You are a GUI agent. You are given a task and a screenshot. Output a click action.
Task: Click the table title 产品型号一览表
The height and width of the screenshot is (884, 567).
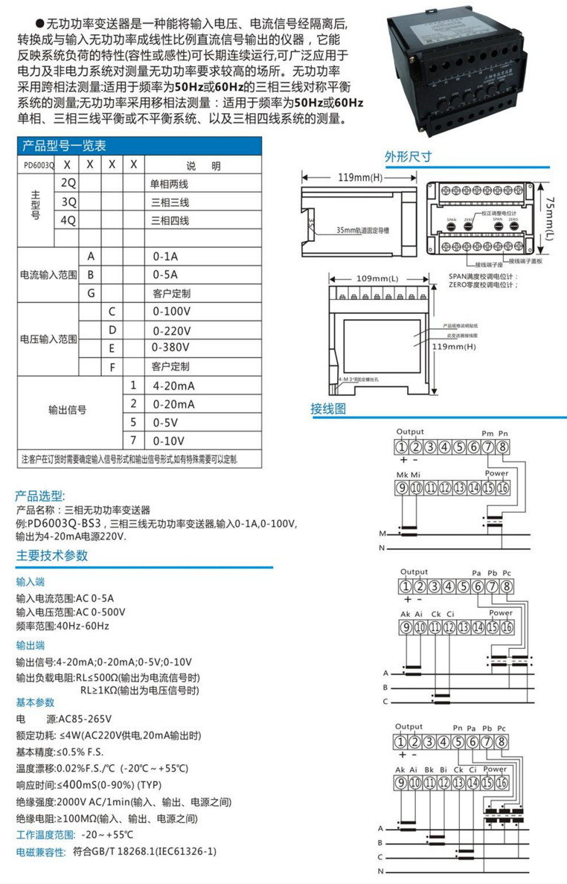click(x=64, y=146)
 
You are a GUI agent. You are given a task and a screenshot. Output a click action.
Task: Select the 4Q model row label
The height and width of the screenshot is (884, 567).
click(x=68, y=220)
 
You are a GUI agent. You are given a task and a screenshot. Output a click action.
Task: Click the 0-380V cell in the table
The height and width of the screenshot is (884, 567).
click(x=170, y=347)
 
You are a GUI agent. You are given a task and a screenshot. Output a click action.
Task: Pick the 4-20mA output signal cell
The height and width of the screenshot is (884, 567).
click(x=173, y=386)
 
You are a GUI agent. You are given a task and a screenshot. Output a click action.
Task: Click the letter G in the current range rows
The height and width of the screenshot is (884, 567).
click(x=91, y=292)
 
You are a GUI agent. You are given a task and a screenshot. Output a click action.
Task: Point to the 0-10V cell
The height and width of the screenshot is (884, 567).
click(x=168, y=441)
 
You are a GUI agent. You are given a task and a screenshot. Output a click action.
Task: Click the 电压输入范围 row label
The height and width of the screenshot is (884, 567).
click(x=48, y=339)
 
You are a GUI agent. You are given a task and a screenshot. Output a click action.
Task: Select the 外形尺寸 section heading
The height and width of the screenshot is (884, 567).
click(x=409, y=157)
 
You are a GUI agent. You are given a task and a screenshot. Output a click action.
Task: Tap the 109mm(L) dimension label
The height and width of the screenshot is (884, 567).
click(x=377, y=279)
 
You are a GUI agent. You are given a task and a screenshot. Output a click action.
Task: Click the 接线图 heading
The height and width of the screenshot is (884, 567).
click(x=328, y=409)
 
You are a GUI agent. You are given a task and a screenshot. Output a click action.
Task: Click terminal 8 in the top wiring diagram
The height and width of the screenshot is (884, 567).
click(x=504, y=447)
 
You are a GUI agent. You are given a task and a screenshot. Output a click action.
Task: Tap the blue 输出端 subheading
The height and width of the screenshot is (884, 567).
click(x=31, y=645)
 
